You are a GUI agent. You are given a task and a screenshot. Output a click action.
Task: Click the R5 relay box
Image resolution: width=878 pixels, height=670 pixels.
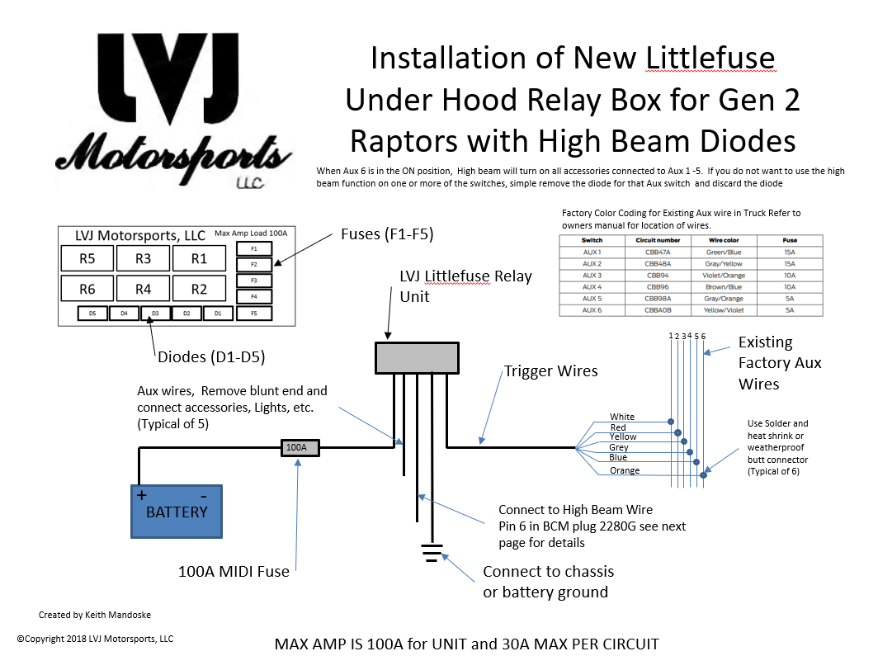point(87,259)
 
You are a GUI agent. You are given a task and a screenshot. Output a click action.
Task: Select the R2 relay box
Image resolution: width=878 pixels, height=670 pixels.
point(199,289)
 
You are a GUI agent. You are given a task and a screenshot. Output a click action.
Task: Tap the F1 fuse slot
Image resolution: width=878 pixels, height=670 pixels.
point(254,248)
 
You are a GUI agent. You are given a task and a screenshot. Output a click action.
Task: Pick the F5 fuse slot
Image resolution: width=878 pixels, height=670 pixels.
point(254,314)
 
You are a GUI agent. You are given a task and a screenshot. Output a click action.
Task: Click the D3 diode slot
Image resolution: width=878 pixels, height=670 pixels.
point(155,314)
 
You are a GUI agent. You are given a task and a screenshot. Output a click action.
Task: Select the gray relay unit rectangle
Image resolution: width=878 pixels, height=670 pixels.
point(417,357)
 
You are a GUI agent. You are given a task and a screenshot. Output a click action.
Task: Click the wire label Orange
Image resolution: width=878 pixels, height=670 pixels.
point(625,470)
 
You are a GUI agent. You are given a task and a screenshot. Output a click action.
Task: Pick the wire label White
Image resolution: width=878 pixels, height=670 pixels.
point(622,417)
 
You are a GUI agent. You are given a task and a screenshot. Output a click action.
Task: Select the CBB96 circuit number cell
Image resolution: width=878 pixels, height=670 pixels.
point(658,286)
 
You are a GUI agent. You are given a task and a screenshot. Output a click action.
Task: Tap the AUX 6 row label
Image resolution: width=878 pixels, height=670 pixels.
point(592,310)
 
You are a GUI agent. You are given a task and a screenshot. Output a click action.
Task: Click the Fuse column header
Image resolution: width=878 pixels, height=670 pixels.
point(790,240)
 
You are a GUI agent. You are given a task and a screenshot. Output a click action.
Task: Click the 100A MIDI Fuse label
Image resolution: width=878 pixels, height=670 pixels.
point(234,570)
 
